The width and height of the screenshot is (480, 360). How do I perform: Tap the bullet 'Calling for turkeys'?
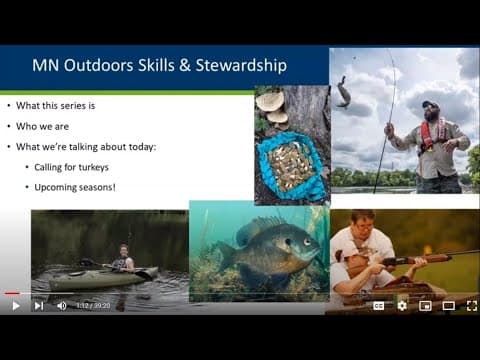(74, 167)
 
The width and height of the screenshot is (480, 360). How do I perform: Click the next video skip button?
(38, 305)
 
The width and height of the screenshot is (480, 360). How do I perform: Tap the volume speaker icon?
(61, 305)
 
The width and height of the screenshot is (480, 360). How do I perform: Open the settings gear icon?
(402, 305)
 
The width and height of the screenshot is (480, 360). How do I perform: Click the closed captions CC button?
(379, 305)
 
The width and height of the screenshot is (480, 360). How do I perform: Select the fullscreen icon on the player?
(471, 305)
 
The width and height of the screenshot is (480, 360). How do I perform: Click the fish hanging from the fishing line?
(343, 92)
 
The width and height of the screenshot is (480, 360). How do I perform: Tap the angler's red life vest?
(431, 135)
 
